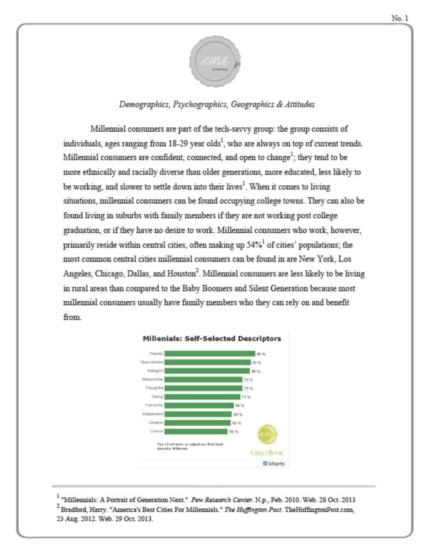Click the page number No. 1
(x=400, y=18)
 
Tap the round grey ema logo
(x=215, y=62)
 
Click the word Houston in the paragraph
(x=181, y=274)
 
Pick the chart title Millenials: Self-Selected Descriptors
(x=212, y=338)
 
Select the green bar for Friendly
(x=210, y=354)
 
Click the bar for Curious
(x=196, y=431)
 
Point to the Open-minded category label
(x=152, y=362)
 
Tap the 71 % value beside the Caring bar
(x=246, y=397)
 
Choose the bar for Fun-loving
(x=199, y=405)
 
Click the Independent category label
(x=152, y=414)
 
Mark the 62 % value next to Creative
(x=237, y=423)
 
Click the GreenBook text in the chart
(x=267, y=453)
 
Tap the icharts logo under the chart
(x=274, y=463)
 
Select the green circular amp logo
(x=268, y=435)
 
